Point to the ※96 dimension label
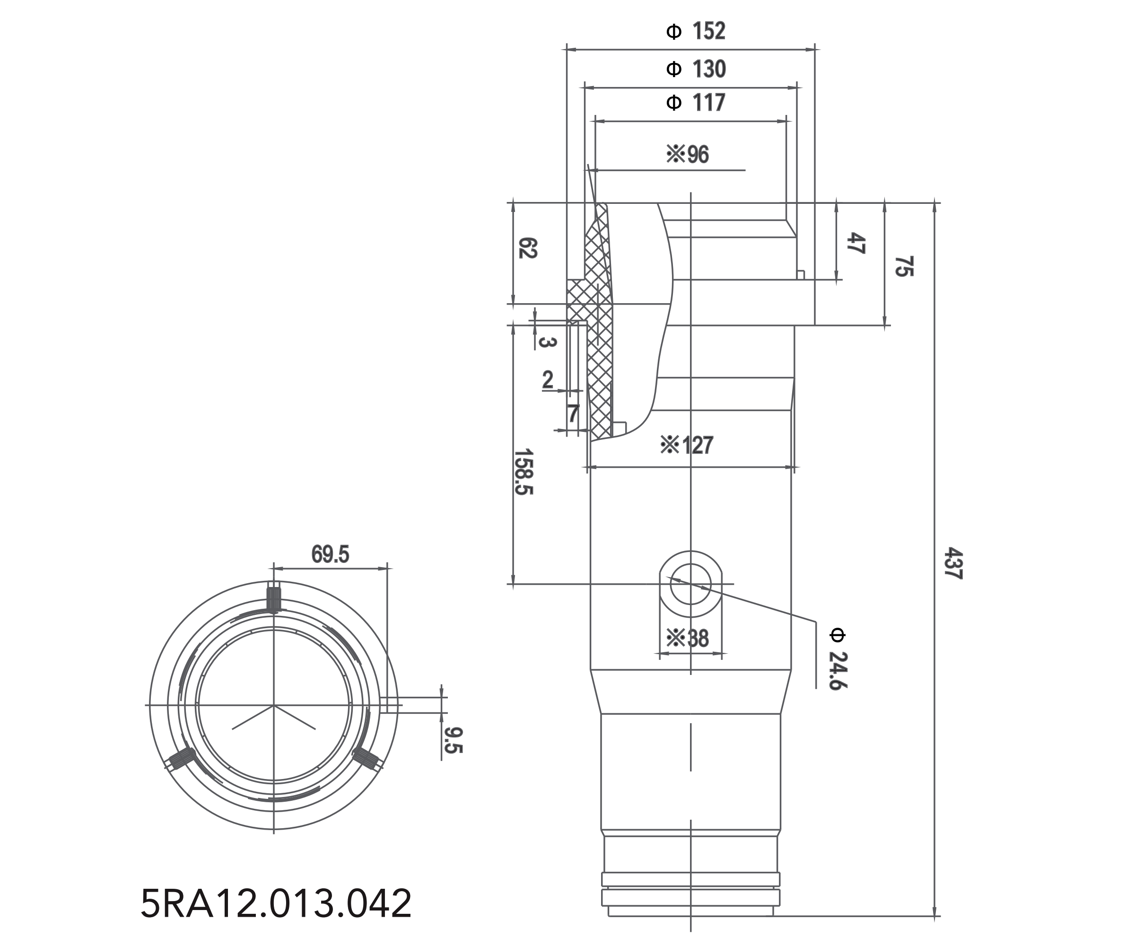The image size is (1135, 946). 687,155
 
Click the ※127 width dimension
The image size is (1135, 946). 686,446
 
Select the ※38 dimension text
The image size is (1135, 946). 687,639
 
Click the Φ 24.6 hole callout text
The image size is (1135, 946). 838,659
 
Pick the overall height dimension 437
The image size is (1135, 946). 954,564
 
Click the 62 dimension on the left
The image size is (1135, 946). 527,248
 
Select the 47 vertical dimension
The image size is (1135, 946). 855,243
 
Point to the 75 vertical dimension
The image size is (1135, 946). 903,266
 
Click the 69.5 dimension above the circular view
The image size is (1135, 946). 330,554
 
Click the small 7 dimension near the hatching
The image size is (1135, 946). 573,414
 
